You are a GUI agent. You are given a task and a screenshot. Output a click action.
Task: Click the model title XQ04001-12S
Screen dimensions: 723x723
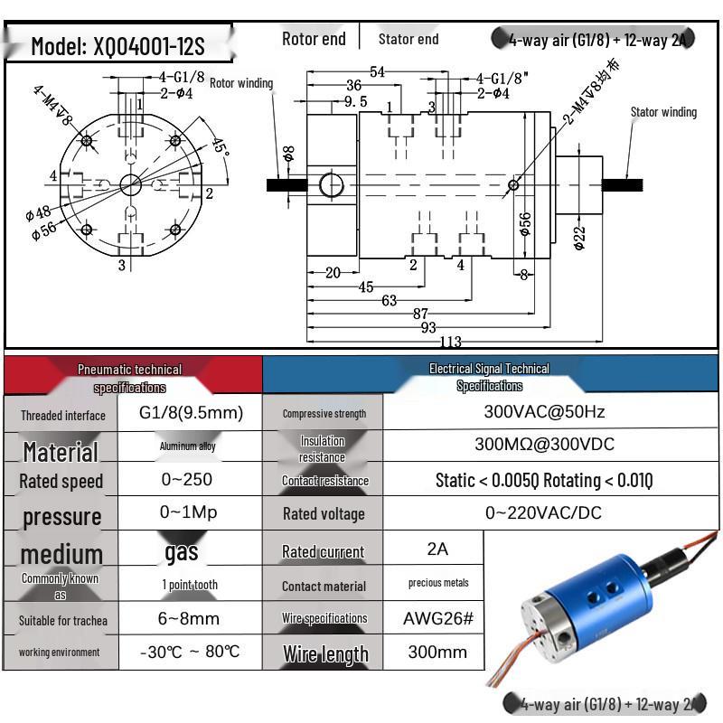pos(117,45)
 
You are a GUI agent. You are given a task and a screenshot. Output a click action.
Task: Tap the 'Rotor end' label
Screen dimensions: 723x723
pos(314,38)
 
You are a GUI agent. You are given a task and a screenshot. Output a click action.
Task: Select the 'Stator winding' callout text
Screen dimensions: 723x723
pos(663,112)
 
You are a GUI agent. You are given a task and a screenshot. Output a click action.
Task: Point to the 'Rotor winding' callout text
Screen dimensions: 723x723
pos(241,83)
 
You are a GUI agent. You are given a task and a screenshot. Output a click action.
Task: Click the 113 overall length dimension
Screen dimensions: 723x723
pos(450,342)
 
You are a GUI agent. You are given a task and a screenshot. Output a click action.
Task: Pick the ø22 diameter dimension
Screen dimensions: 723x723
pos(579,237)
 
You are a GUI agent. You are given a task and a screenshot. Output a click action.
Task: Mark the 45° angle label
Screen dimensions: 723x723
pos(220,146)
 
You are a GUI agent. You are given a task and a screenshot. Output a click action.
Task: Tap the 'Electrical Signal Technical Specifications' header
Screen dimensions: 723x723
pos(489,377)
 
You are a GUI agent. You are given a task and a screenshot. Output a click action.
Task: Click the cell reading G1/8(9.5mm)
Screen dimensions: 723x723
pos(191,413)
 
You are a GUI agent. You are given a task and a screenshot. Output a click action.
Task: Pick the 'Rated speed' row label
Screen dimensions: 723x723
pos(61,481)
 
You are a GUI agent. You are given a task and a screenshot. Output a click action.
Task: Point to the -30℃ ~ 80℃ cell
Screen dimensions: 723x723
pos(191,652)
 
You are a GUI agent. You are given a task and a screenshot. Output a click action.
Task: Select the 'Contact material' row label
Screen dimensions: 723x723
pos(324,586)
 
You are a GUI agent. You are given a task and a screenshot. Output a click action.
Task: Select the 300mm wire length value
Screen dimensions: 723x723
pos(437,652)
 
